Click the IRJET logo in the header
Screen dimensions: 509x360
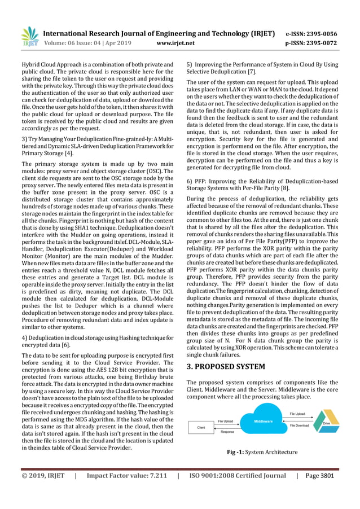tap(29, 37)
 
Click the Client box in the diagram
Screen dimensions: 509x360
tap(200, 428)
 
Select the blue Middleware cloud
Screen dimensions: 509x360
tap(263, 421)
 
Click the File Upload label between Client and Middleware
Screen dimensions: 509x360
tap(225, 421)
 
